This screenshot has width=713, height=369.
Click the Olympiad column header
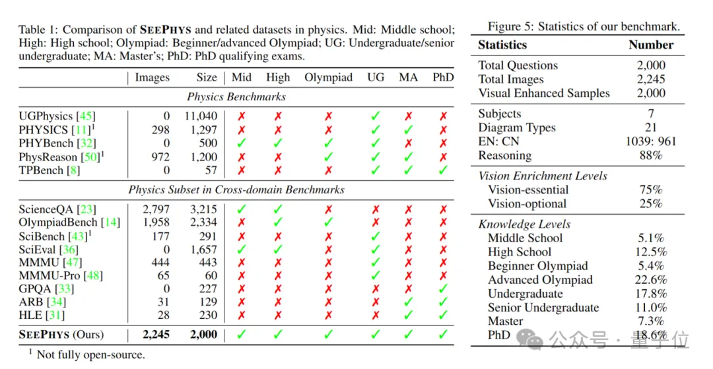[328, 77]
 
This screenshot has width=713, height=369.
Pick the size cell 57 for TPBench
[209, 170]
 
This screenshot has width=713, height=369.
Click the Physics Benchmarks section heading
[236, 96]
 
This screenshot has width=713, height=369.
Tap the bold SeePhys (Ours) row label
[61, 335]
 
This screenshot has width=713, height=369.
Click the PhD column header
[443, 77]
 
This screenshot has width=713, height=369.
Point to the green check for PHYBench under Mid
[242, 143]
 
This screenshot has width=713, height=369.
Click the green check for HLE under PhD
[443, 315]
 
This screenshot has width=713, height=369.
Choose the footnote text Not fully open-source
[90, 354]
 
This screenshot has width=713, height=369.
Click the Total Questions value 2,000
[651, 65]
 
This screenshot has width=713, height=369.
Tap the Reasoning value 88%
[650, 155]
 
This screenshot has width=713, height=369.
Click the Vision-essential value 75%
[650, 190]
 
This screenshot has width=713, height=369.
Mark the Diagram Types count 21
[651, 127]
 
